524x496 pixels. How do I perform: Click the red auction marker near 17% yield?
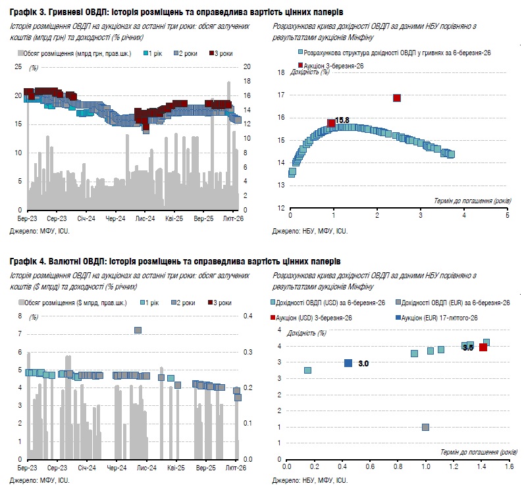tap(397, 98)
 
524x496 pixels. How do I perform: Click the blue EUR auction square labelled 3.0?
tap(348, 363)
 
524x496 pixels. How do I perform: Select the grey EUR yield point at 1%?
tap(425, 427)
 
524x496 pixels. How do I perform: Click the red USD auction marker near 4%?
tap(483, 347)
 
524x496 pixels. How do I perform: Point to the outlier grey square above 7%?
tap(138, 330)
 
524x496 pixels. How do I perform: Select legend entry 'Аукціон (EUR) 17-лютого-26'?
tap(438, 318)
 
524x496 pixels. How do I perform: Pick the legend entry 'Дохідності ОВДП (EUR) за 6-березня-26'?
tap(454, 303)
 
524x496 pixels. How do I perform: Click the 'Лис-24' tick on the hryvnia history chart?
tap(144, 218)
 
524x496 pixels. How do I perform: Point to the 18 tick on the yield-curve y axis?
tap(281, 73)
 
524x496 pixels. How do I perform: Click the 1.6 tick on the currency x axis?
tap(509, 468)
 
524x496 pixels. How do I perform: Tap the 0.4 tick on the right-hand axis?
tap(249, 316)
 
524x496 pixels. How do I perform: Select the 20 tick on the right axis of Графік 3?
tap(248, 66)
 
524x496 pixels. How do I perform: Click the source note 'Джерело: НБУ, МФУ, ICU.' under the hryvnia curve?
tap(309, 232)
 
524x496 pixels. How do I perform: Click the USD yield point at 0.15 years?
tap(307, 370)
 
